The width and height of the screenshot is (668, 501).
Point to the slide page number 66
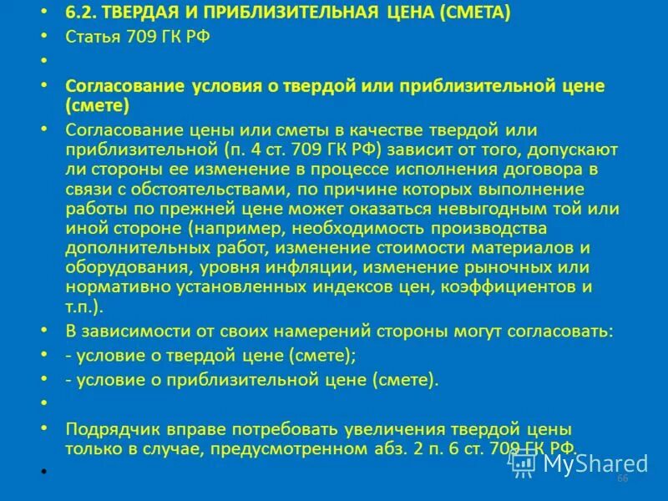click(x=622, y=478)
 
